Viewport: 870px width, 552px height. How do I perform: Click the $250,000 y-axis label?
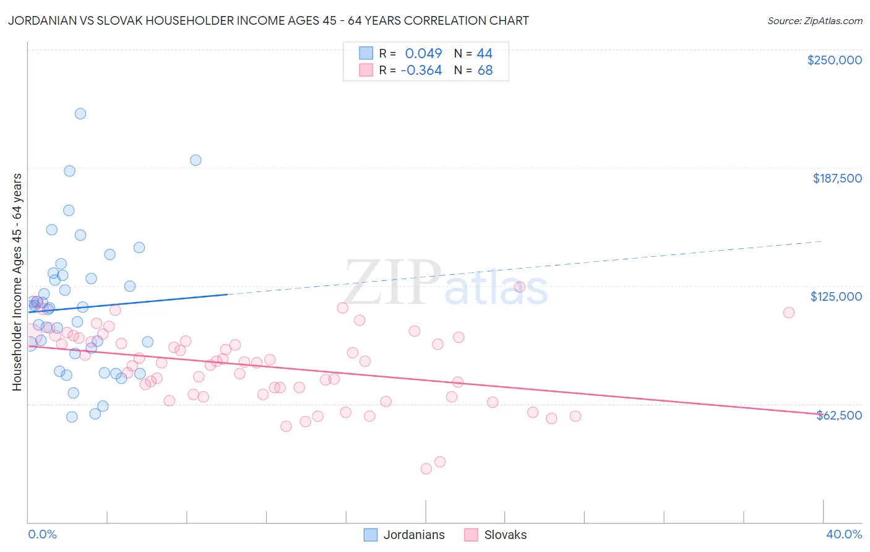[x=834, y=60]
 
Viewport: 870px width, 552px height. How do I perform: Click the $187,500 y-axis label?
[x=837, y=178]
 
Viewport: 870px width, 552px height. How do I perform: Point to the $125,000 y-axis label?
[x=836, y=296]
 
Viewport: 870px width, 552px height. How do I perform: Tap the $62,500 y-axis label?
[x=838, y=415]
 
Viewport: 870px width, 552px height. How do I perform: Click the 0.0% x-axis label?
[x=42, y=534]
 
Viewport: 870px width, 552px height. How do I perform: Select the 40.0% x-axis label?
[x=843, y=534]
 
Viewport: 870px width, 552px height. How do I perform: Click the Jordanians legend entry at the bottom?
[x=413, y=535]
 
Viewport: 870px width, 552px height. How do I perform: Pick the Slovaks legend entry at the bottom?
[x=505, y=535]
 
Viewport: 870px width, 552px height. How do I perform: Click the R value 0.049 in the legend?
[x=423, y=54]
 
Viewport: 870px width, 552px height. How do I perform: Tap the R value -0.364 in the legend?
[x=421, y=71]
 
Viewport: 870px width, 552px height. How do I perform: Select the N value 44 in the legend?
[x=485, y=54]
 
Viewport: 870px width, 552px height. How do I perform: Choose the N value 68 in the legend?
[x=485, y=71]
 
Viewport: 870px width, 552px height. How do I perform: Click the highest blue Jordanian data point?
[x=80, y=114]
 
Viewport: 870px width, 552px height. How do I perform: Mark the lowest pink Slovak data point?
[x=426, y=469]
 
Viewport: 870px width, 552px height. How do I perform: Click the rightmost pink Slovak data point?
[x=789, y=313]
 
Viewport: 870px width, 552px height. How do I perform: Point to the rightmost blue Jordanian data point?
[x=196, y=160]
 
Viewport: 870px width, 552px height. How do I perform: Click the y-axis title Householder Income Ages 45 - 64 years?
[x=17, y=282]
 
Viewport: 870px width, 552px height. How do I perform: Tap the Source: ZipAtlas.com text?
[x=814, y=21]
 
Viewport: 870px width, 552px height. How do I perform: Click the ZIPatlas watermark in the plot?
[x=446, y=284]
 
